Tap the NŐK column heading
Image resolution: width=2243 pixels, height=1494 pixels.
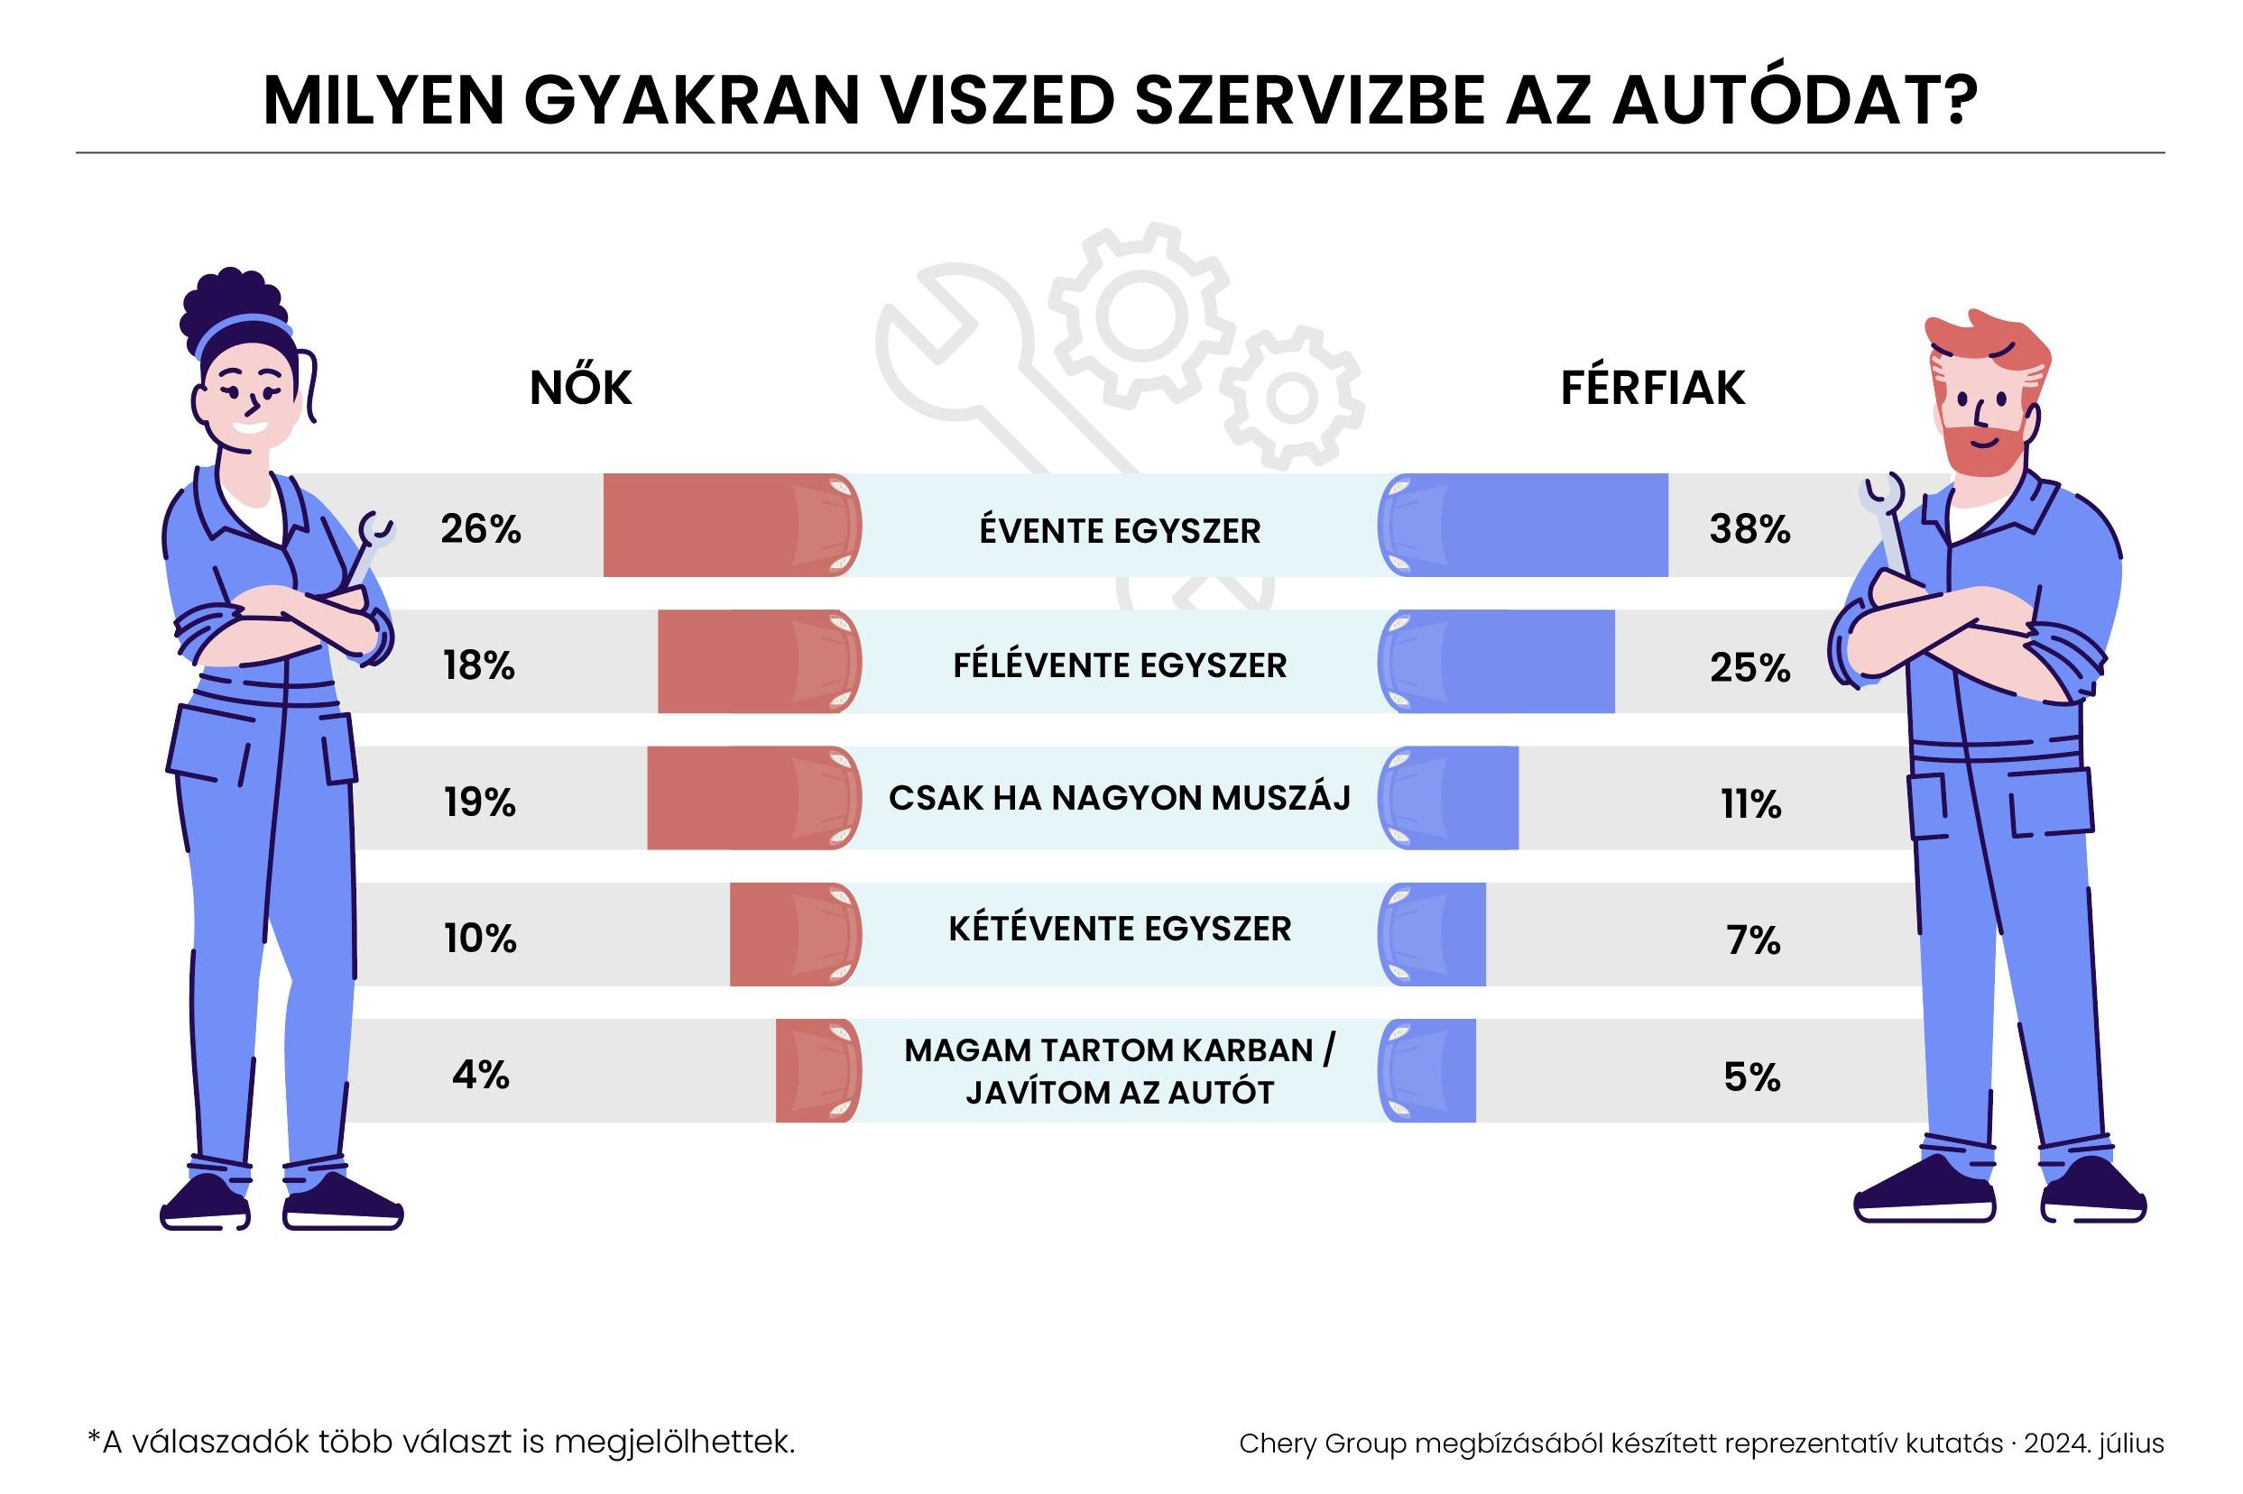click(580, 388)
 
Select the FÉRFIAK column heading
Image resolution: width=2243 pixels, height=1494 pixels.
click(1652, 388)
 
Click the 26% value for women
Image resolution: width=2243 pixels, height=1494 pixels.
click(480, 529)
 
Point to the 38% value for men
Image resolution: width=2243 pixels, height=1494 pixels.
click(1749, 529)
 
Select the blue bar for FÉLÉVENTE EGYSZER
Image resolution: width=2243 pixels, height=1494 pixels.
click(1497, 662)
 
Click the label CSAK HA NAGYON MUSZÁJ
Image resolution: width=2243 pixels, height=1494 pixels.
click(1119, 798)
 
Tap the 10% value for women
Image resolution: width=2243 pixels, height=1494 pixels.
click(480, 939)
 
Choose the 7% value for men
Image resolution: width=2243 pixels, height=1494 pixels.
click(1752, 940)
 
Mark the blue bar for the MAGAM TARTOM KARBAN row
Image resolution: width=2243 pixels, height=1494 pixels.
click(1428, 1071)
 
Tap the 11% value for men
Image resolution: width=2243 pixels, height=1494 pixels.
click(1750, 804)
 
